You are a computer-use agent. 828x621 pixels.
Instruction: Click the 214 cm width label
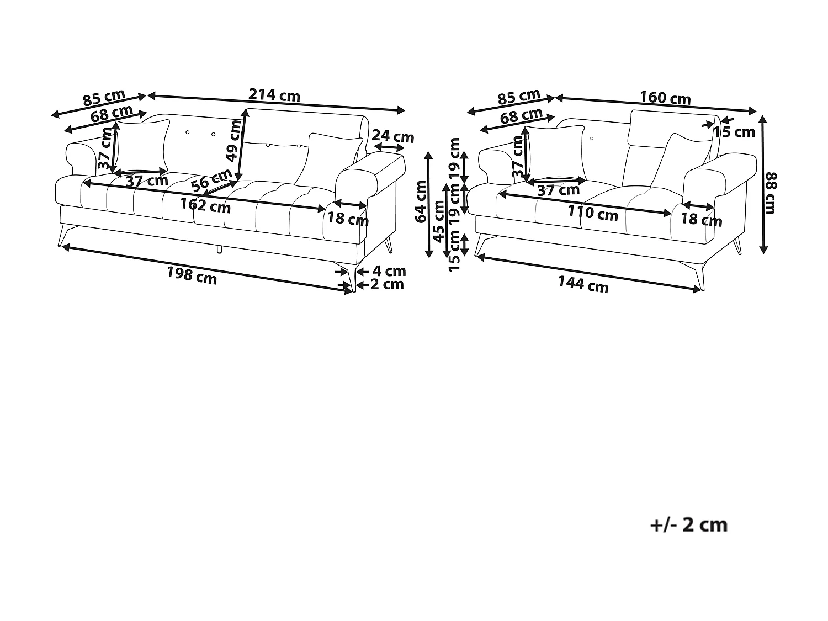pyautogui.click(x=274, y=95)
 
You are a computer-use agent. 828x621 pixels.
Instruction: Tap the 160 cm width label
pyautogui.click(x=665, y=98)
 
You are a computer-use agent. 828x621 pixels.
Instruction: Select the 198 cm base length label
pyautogui.click(x=192, y=275)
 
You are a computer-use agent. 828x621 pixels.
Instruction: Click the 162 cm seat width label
pyautogui.click(x=205, y=205)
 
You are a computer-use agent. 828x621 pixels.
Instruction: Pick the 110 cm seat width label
pyautogui.click(x=593, y=214)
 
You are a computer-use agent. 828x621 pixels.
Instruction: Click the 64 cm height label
pyautogui.click(x=421, y=201)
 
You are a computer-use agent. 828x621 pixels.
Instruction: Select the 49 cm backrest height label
pyautogui.click(x=233, y=141)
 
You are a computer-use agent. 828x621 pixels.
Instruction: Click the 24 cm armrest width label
pyautogui.click(x=393, y=136)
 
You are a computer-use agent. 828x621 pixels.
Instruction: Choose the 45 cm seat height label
pyautogui.click(x=438, y=221)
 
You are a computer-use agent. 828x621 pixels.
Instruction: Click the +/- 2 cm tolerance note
pyautogui.click(x=689, y=525)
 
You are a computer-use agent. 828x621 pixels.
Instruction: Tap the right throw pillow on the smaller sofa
pyautogui.click(x=681, y=161)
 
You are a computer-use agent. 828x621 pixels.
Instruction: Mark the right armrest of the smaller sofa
pyautogui.click(x=719, y=177)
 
